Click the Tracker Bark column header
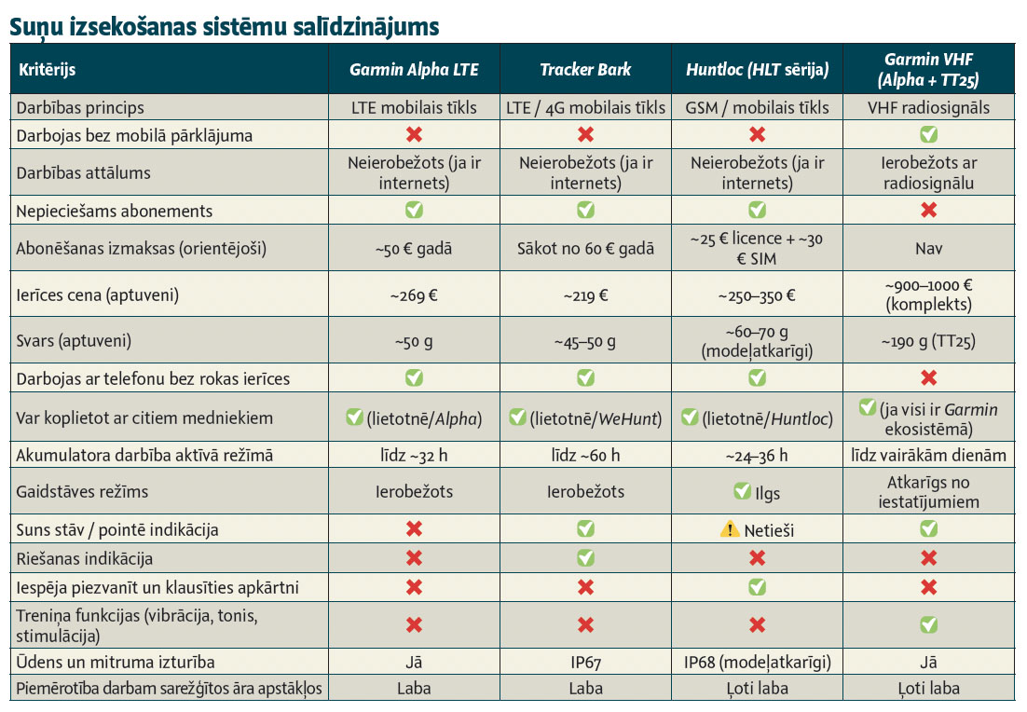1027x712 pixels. [585, 69]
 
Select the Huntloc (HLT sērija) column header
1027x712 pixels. [757, 69]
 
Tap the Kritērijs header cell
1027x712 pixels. [48, 69]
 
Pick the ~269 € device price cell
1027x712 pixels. [414, 295]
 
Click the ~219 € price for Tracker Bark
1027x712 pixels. [585, 295]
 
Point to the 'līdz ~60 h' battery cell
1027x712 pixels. [585, 456]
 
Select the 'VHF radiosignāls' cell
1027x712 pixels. [928, 107]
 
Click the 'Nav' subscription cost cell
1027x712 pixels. [928, 249]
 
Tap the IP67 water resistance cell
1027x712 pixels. [585, 663]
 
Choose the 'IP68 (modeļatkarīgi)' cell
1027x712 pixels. [757, 663]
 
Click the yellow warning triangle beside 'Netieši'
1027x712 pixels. [729, 529]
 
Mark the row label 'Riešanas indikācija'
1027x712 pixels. [85, 559]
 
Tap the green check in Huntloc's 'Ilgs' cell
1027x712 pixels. [742, 490]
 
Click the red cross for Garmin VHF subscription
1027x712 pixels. [928, 211]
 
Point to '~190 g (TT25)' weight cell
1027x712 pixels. [928, 341]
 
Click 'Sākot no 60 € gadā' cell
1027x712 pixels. [585, 249]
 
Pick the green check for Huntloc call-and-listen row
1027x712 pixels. [757, 588]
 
